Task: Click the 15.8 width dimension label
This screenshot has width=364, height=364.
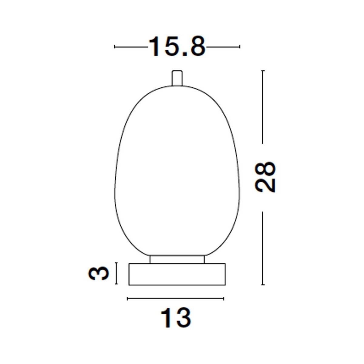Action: coord(177,47)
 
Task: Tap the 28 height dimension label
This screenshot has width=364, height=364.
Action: coord(265,177)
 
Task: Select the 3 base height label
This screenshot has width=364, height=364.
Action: coord(98,273)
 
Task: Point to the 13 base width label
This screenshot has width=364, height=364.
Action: coord(176,318)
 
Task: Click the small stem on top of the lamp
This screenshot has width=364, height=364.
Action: coord(177,78)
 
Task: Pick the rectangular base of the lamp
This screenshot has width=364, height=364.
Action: coord(177,274)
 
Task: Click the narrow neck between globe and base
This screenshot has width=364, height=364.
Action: coord(177,259)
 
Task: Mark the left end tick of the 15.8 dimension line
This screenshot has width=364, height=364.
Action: coord(115,47)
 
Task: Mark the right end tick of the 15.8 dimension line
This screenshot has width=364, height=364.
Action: coord(240,47)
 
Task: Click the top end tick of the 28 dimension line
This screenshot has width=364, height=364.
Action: coord(263,71)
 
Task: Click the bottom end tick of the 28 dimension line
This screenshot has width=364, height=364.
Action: coord(263,285)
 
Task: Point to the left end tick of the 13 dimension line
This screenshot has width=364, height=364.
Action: coord(128,299)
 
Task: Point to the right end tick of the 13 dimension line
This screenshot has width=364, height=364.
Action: coord(224,299)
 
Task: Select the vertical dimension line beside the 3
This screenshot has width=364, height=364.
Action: coord(116,273)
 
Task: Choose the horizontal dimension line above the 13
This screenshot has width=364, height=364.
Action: coord(176,299)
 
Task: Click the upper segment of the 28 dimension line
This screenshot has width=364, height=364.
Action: coord(263,106)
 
